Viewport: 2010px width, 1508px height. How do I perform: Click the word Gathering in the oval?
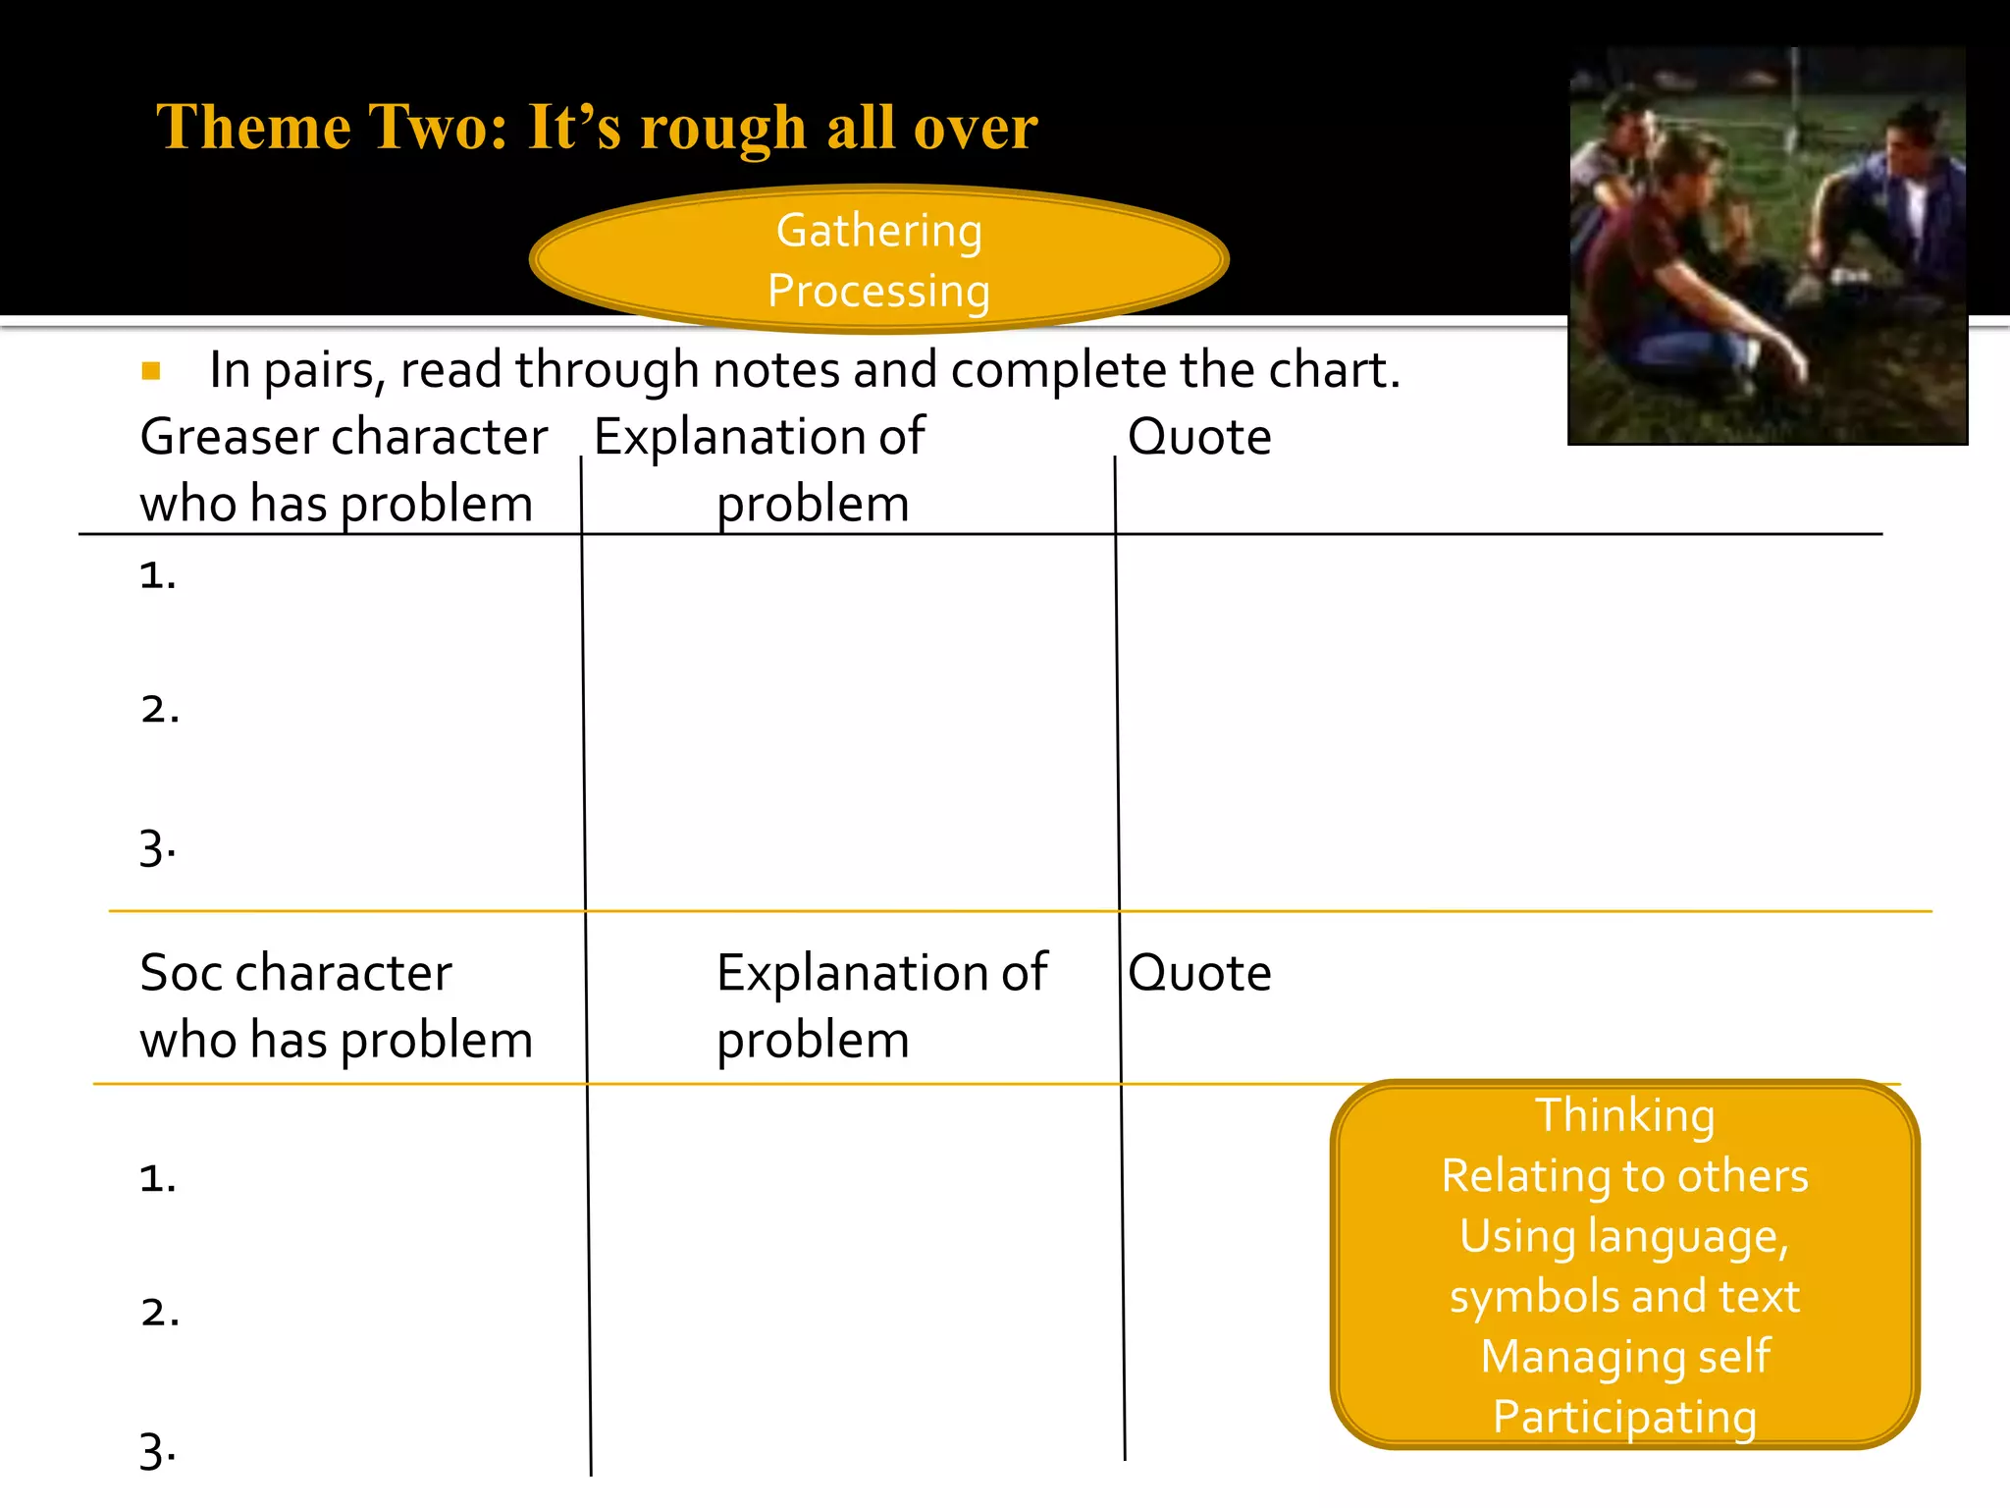coord(878,232)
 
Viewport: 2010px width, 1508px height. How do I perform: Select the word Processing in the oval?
coord(878,292)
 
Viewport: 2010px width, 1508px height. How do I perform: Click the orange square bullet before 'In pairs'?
coord(151,371)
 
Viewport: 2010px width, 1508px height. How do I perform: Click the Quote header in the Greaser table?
coord(1199,437)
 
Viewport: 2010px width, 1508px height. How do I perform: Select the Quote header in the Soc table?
coord(1199,973)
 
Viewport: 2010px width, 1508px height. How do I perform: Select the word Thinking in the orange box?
coord(1624,1116)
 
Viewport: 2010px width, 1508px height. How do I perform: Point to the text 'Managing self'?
coord(1624,1357)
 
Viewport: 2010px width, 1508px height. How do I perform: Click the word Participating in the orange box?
coord(1624,1417)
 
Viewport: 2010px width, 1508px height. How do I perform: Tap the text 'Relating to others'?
coord(1624,1176)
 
